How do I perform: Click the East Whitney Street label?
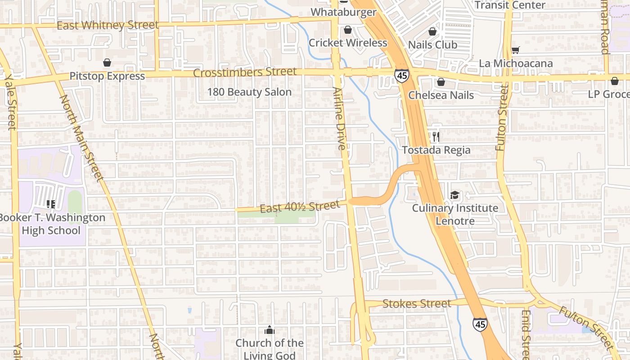coord(108,25)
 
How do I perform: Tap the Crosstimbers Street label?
coord(245,72)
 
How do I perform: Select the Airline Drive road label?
coord(340,119)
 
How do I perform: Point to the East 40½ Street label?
coord(300,207)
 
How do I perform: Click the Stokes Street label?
coord(416,304)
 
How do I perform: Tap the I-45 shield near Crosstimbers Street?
coord(402,76)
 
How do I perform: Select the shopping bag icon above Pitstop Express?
coord(107,63)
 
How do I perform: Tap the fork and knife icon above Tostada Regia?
coord(436,136)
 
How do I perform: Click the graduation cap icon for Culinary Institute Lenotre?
coord(455,195)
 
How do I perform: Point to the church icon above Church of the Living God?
coord(270,330)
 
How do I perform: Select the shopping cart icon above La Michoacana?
coord(516,50)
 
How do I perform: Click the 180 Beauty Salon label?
coord(249,92)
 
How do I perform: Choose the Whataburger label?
coord(343,12)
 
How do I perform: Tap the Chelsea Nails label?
coord(441,95)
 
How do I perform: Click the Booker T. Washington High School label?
coord(51,224)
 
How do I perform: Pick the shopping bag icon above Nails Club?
coord(432,31)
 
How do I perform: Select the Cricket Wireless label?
coord(348,43)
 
